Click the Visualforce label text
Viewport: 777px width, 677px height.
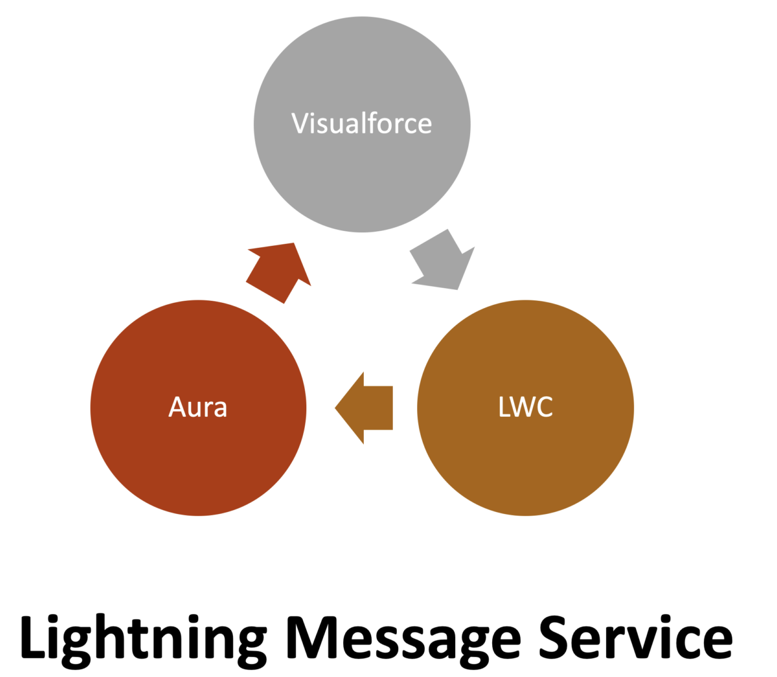point(361,123)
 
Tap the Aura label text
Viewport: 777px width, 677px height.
point(197,407)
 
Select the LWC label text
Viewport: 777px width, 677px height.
point(525,407)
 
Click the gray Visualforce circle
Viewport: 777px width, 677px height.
point(361,175)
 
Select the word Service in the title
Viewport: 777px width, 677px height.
point(636,637)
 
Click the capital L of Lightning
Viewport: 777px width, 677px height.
point(33,637)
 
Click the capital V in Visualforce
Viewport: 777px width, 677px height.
point(299,123)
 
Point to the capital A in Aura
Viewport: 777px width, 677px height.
point(177,407)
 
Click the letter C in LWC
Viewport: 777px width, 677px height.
point(545,407)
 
